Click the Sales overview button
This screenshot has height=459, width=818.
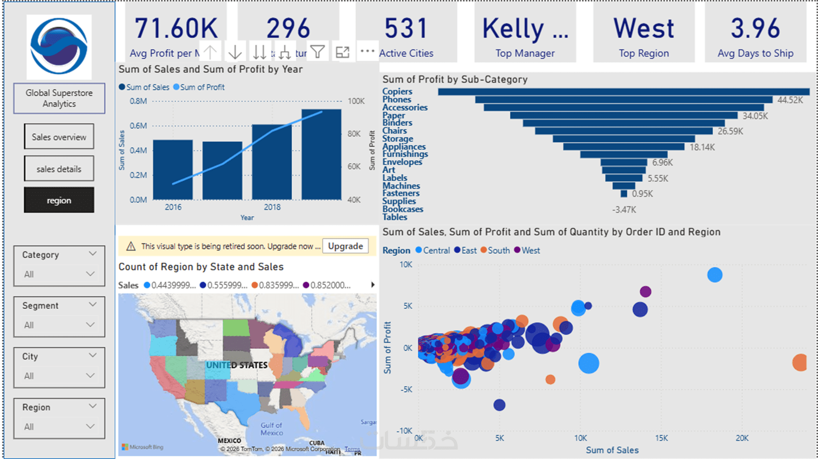59,137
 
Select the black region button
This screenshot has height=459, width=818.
59,200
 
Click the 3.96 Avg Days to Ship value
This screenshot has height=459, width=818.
755,28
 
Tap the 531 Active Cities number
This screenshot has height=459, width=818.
406,28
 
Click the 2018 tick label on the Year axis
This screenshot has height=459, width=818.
272,207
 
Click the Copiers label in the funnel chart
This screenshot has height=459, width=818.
397,91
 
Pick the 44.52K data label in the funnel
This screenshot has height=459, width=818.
790,100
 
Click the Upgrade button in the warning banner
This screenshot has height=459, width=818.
345,246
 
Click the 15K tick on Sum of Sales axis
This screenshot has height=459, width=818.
661,438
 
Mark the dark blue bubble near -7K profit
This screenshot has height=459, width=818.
499,405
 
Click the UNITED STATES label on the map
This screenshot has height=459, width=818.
237,365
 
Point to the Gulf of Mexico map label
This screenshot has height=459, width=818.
272,429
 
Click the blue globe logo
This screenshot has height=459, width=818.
59,46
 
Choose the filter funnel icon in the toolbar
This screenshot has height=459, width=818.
318,52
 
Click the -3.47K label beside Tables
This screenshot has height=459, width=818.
624,210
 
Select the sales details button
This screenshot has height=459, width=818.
59,169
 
